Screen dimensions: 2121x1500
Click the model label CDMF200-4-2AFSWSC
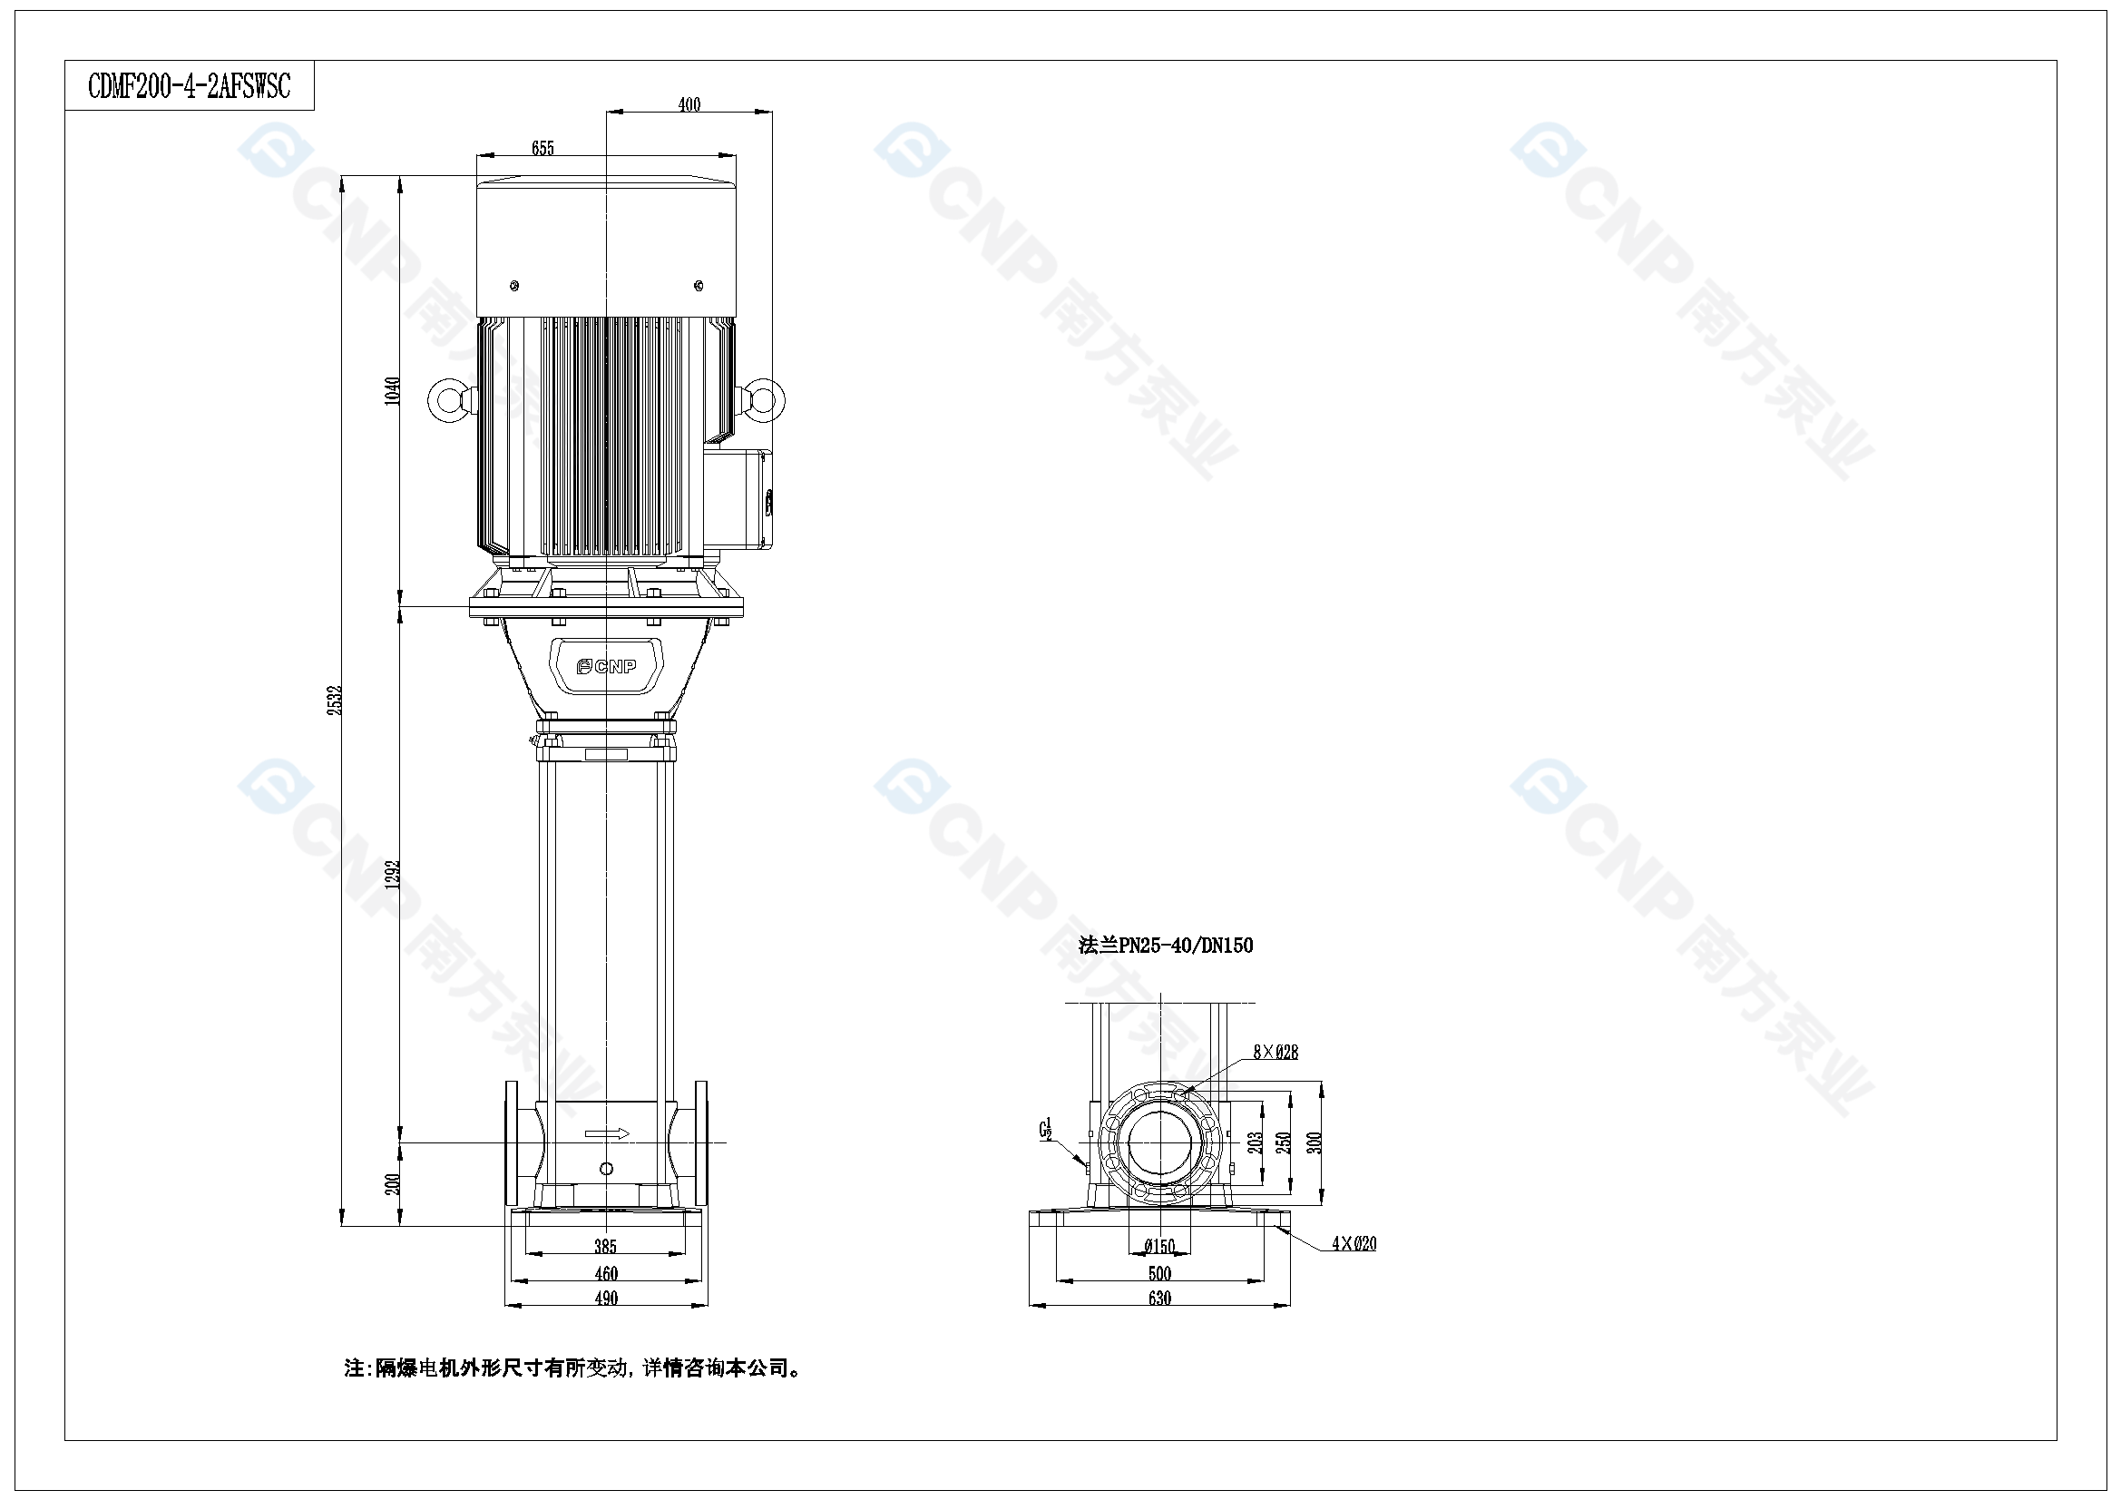coord(190,86)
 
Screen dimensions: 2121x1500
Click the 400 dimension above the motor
coord(689,104)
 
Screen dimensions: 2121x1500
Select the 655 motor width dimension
coord(543,148)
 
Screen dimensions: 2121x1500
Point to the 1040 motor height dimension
coord(393,390)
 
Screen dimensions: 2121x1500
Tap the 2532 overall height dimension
coord(335,699)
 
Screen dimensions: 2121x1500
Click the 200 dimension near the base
coord(393,1184)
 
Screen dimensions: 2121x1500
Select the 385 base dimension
coord(605,1247)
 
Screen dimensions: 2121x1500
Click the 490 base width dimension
coord(606,1298)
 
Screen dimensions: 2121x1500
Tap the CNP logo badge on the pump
coord(606,665)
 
